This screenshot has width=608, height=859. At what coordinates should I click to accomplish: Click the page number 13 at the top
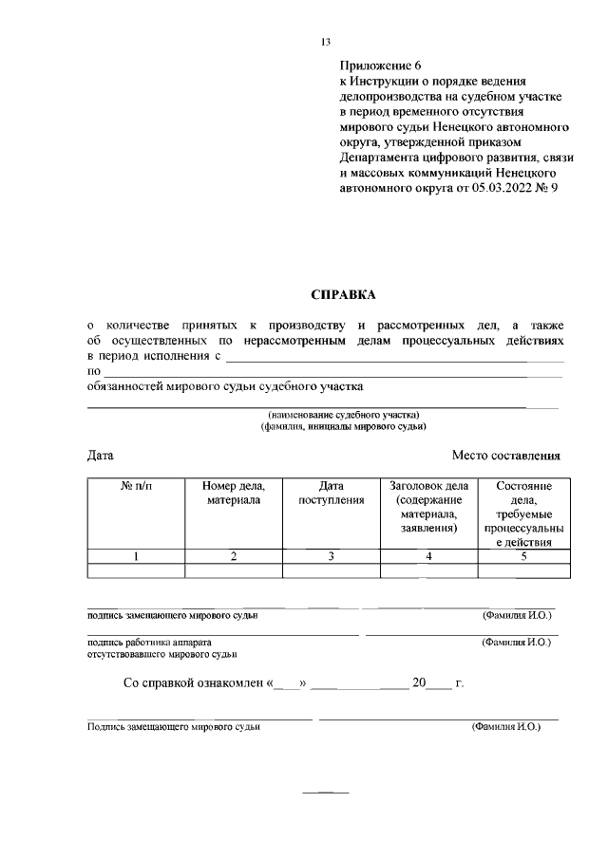(325, 42)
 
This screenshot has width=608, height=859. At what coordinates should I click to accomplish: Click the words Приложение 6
(379, 65)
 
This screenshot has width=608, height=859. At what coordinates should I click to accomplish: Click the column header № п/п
(136, 486)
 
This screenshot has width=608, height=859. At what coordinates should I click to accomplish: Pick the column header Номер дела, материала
(234, 493)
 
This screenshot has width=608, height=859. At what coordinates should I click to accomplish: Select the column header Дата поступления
(332, 493)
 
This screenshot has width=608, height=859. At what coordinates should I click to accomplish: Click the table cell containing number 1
(136, 556)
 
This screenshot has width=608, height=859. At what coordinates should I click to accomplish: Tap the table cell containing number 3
(332, 556)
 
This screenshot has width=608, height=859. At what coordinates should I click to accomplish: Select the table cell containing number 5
(523, 556)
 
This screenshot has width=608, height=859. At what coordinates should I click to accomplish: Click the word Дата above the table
(101, 456)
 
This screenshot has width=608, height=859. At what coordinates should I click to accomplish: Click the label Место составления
(505, 456)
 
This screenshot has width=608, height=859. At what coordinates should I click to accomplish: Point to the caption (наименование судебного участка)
(330, 416)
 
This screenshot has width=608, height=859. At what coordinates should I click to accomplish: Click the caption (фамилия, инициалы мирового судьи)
(330, 427)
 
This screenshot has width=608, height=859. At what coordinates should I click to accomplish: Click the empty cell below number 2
(234, 570)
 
